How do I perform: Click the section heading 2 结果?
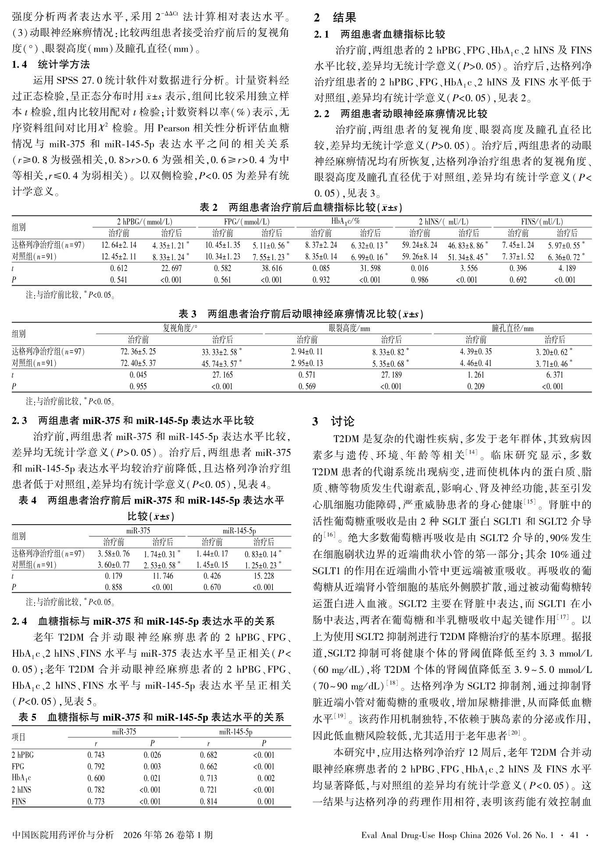click(x=335, y=18)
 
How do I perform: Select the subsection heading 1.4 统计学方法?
click(x=51, y=65)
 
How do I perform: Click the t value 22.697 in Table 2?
click(x=171, y=268)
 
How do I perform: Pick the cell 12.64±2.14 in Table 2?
click(x=119, y=245)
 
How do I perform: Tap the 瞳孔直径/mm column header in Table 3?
click(x=513, y=328)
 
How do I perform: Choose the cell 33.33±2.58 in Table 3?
click(x=221, y=352)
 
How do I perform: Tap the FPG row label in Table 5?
click(x=18, y=767)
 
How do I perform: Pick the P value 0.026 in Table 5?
click(x=152, y=755)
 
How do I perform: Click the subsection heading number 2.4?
click(x=19, y=621)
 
